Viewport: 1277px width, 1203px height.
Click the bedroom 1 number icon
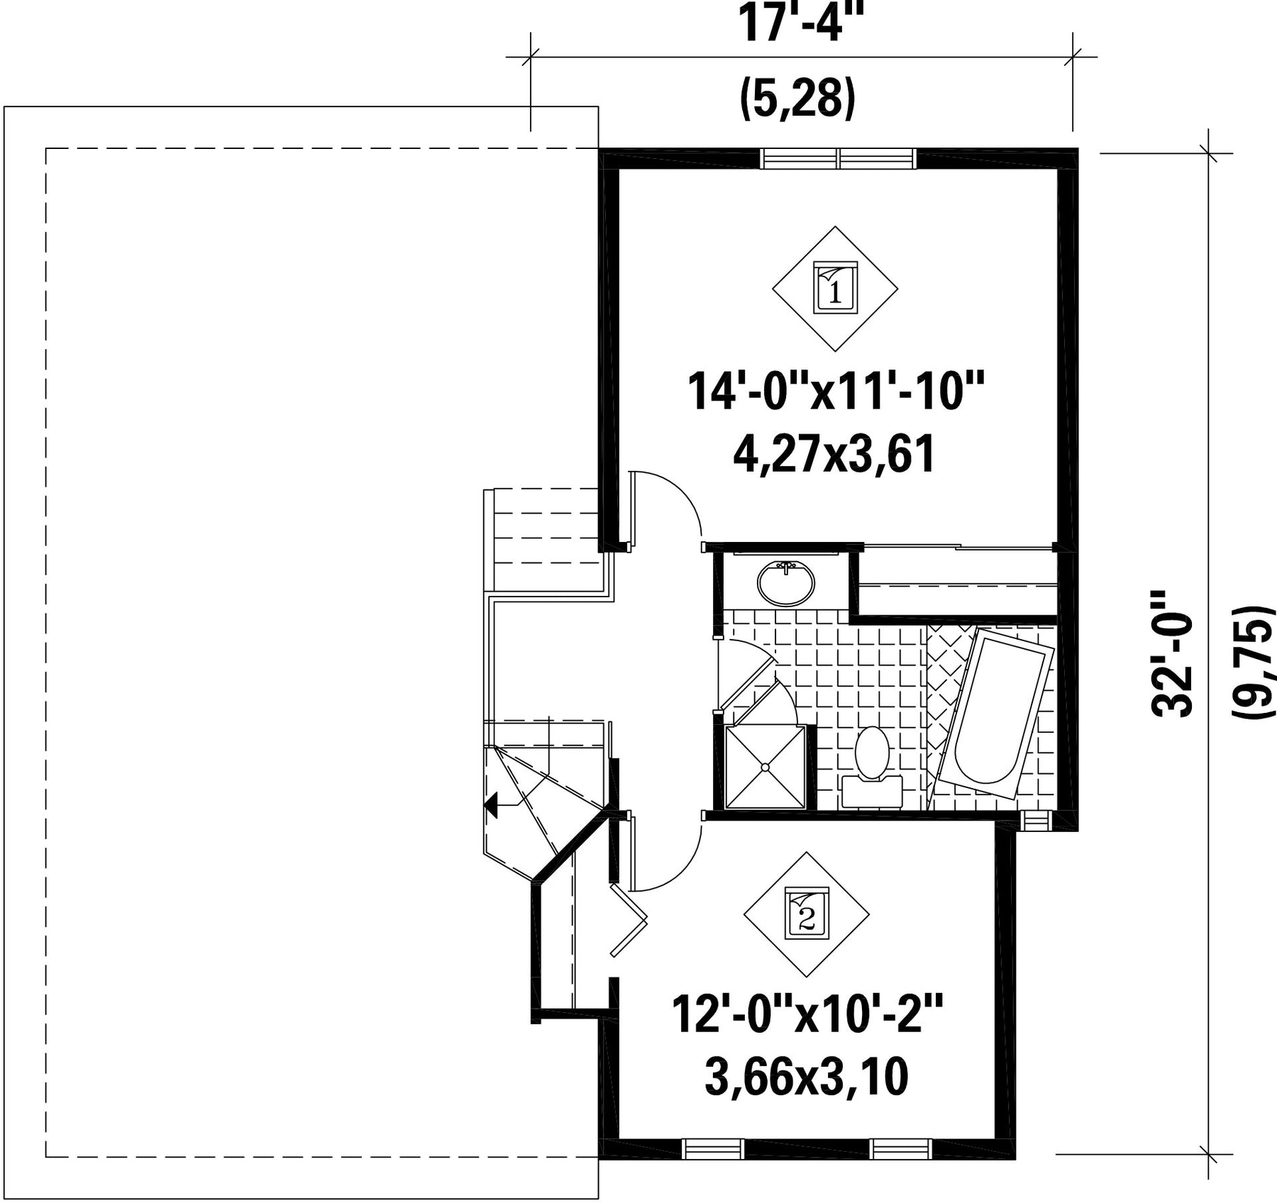click(835, 288)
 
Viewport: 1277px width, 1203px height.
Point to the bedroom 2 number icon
click(806, 913)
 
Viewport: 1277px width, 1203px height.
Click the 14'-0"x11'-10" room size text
click(836, 392)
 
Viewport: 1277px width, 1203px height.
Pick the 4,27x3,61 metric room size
click(834, 454)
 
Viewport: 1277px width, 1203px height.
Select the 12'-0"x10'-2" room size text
click(807, 1015)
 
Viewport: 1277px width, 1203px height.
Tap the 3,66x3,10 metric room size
click(806, 1077)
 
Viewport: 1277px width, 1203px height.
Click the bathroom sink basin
click(785, 583)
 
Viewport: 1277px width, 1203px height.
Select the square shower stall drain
click(765, 767)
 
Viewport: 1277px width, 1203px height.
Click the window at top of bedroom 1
click(838, 158)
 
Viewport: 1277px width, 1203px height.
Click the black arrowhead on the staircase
click(491, 806)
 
